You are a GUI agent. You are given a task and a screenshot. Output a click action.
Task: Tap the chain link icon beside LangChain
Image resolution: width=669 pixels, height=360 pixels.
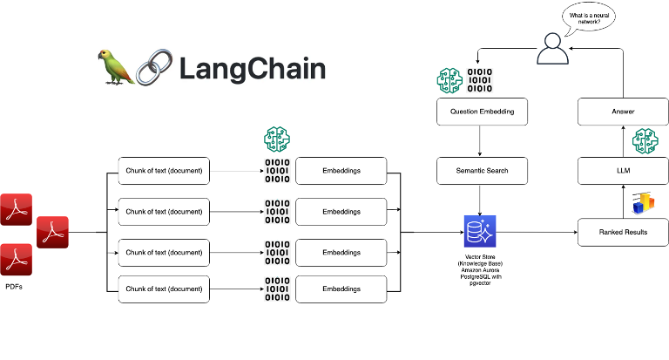pyautogui.click(x=153, y=68)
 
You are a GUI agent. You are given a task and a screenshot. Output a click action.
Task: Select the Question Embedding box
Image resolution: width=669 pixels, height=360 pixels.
pyautogui.click(x=482, y=112)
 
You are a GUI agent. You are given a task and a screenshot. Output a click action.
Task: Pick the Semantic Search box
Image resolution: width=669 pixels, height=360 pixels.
pyautogui.click(x=482, y=171)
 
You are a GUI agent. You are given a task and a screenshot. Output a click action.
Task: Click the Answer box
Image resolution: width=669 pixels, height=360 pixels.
pyautogui.click(x=622, y=112)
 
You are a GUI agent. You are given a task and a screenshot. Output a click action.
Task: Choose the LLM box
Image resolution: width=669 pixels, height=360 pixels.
pyautogui.click(x=622, y=171)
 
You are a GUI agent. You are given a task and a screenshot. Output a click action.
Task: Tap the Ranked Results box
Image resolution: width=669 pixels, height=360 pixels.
pyautogui.click(x=622, y=232)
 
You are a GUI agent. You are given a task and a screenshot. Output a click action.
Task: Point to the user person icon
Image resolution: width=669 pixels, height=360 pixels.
pyautogui.click(x=551, y=49)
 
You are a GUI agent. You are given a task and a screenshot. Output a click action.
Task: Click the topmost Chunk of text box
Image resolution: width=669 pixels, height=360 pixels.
pyautogui.click(x=164, y=171)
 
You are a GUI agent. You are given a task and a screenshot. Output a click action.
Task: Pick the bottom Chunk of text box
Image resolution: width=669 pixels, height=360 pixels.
pyautogui.click(x=164, y=289)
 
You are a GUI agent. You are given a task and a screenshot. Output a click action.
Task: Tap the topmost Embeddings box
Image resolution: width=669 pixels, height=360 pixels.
pyautogui.click(x=341, y=171)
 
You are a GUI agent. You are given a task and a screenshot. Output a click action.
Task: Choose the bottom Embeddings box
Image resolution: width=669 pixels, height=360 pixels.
pyautogui.click(x=341, y=289)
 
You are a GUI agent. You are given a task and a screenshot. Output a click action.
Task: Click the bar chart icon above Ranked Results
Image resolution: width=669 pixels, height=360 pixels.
pyautogui.click(x=643, y=201)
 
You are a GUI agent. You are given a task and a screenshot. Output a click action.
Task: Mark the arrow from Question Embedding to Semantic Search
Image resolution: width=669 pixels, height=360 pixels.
pyautogui.click(x=482, y=140)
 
